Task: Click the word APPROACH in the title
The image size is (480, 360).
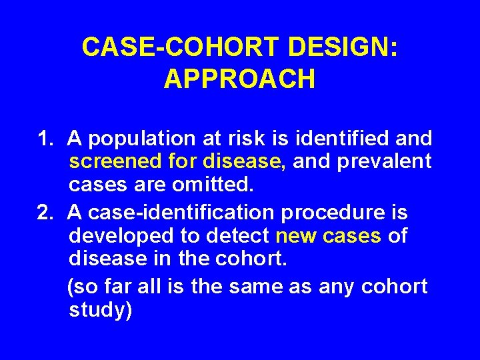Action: pyautogui.click(x=239, y=79)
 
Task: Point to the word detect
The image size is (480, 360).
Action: pyautogui.click(x=237, y=236)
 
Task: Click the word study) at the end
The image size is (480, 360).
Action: pyautogui.click(x=101, y=310)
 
